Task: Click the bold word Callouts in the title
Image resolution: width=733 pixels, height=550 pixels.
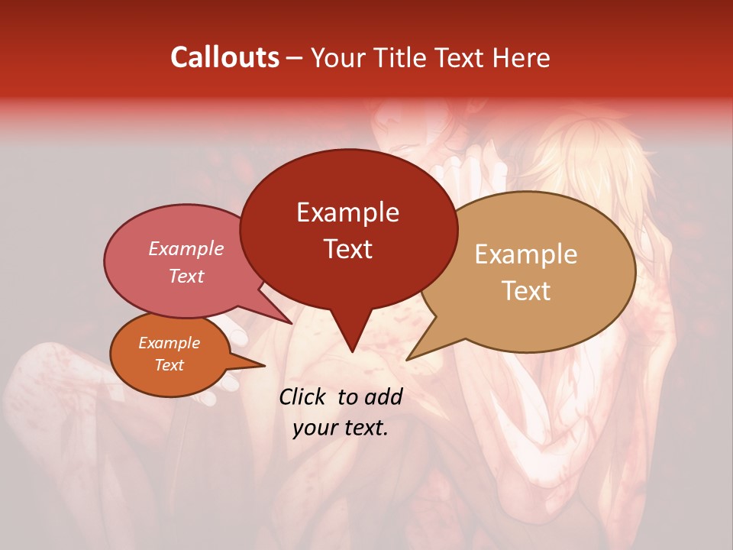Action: (224, 57)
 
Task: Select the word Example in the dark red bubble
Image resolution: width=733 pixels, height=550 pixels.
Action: (347, 212)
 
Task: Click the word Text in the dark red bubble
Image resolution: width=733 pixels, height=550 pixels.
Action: (347, 249)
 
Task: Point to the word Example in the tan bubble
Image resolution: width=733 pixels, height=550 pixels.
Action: (526, 254)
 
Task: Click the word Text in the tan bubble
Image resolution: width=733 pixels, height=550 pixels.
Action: (527, 290)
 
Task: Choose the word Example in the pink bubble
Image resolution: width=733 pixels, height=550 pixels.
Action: (186, 248)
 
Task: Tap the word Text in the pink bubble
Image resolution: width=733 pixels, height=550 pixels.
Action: (186, 276)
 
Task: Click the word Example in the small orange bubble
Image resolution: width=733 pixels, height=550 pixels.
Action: (170, 343)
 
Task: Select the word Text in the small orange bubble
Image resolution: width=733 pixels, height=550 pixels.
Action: (170, 365)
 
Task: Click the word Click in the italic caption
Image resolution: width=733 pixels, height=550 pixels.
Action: (303, 396)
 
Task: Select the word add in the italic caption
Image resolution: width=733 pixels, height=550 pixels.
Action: (385, 396)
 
